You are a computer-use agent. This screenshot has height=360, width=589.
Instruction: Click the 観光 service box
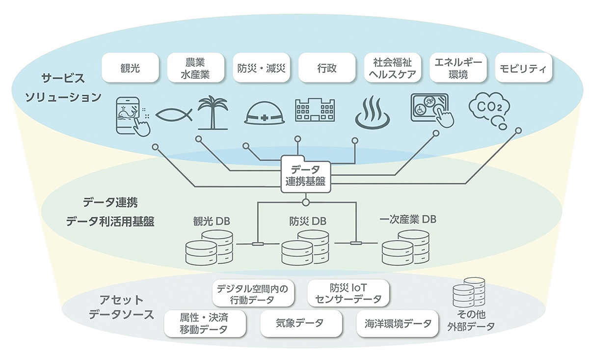click(131, 68)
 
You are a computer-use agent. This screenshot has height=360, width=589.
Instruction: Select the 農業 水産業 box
click(195, 68)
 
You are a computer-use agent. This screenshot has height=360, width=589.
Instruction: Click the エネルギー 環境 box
click(458, 68)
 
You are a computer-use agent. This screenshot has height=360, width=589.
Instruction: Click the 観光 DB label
click(212, 221)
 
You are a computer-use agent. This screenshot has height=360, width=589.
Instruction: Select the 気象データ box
click(299, 323)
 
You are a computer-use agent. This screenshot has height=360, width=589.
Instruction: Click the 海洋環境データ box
click(398, 323)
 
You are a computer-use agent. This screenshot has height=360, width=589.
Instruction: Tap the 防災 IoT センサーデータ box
click(348, 293)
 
